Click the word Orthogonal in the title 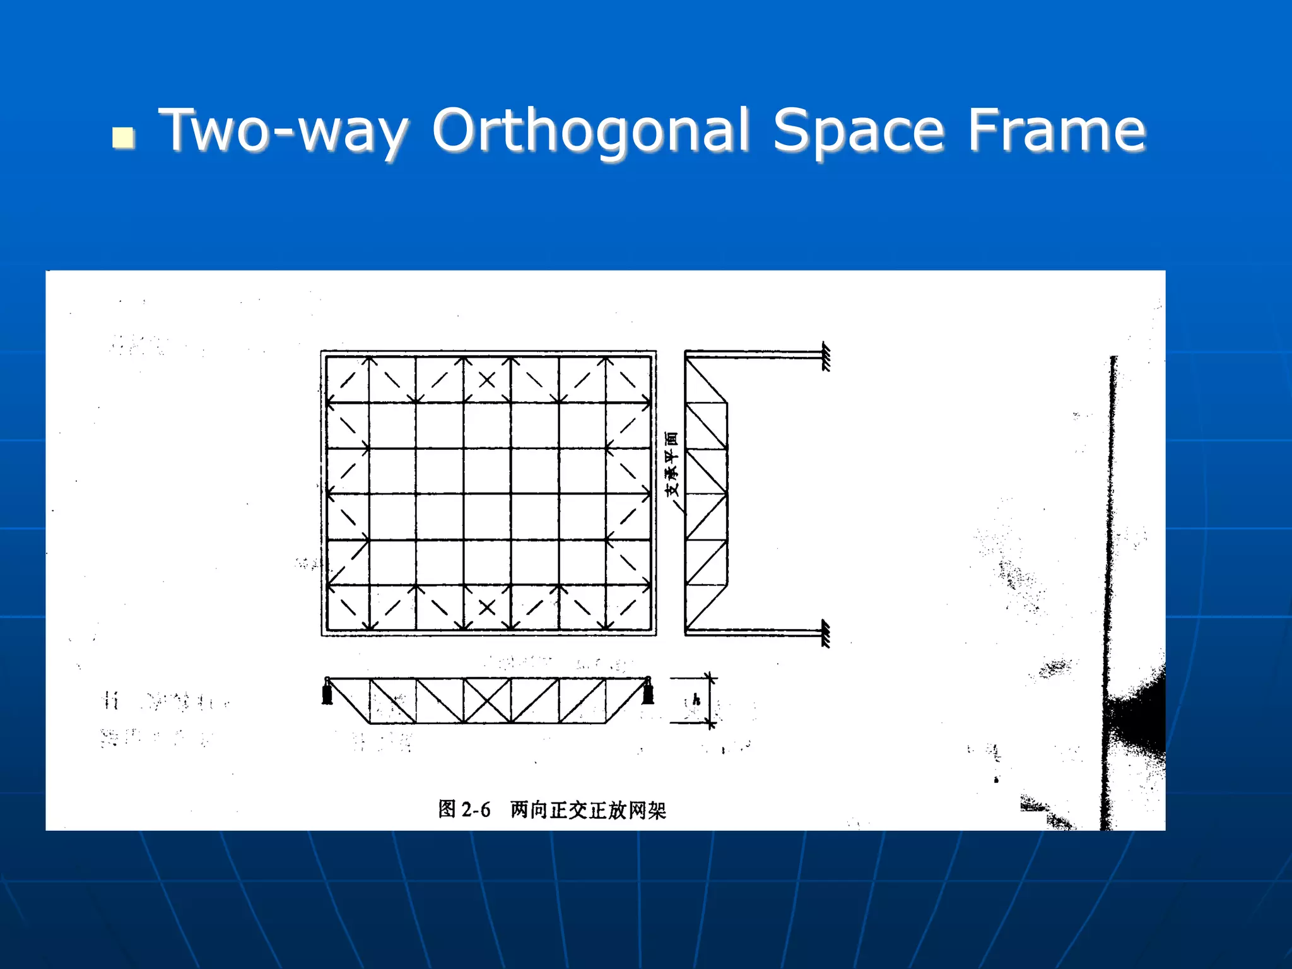click(x=591, y=131)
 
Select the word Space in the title click(x=859, y=131)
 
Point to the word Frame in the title click(x=1057, y=131)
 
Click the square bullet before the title click(x=123, y=138)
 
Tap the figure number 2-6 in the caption click(x=476, y=809)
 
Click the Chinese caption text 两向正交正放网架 click(x=588, y=809)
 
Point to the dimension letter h click(x=696, y=700)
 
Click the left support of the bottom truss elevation click(x=327, y=691)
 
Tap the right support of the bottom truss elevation click(x=648, y=691)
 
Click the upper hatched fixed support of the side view click(x=826, y=357)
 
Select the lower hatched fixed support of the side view click(x=826, y=633)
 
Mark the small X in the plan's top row click(x=487, y=380)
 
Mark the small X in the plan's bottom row click(x=487, y=608)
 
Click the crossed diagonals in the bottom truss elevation click(x=487, y=701)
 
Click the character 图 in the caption click(x=447, y=809)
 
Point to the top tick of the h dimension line click(x=711, y=679)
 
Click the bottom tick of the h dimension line click(x=711, y=722)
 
